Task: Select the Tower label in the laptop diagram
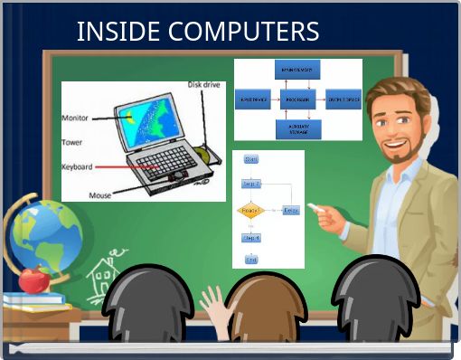pos(72,142)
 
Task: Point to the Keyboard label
pos(78,166)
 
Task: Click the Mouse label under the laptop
pos(99,194)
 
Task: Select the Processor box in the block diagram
pos(297,99)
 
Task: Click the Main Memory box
pos(297,70)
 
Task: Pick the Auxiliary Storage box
pos(297,128)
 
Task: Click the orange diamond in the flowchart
pos(250,211)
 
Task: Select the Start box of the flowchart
pos(251,159)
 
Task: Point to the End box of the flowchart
pos(251,260)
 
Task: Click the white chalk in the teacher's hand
pos(315,207)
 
